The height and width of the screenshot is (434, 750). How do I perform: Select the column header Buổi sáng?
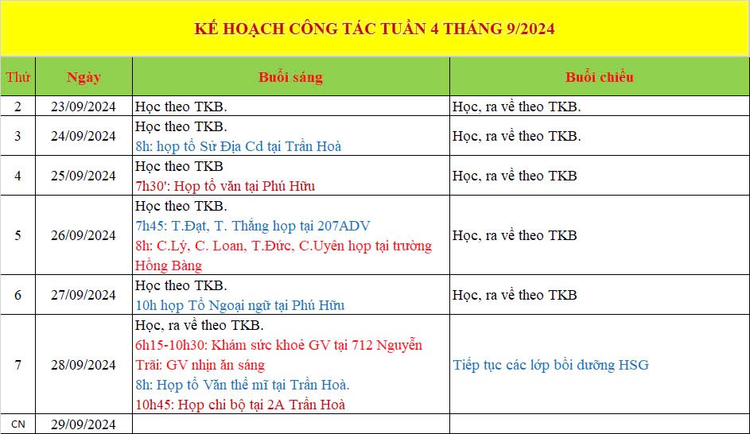pos(290,77)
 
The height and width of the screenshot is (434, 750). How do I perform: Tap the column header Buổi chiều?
pos(599,77)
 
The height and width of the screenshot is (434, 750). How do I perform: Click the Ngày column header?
pos(84,77)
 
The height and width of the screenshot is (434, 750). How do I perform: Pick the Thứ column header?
pos(17,77)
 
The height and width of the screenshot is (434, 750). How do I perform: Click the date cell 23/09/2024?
pos(84,106)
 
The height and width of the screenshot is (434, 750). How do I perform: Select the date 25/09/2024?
pos(84,176)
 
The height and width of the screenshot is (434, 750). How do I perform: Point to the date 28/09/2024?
pos(84,365)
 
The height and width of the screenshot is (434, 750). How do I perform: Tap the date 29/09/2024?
pos(84,424)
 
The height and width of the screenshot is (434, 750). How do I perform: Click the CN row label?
pos(17,424)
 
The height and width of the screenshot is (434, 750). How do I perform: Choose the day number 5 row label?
pos(17,235)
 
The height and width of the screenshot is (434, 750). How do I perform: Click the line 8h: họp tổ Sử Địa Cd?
pos(238,146)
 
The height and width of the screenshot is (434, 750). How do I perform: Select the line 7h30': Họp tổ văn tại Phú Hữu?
pos(225,186)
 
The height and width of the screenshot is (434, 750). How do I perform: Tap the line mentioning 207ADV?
pos(252,226)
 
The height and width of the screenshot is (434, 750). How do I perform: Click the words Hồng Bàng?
pos(169,265)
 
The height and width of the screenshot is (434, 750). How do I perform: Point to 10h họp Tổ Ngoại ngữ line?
pos(239,305)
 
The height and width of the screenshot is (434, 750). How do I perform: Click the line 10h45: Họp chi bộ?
pos(240,405)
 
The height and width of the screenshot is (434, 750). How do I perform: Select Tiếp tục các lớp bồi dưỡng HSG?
pos(550,365)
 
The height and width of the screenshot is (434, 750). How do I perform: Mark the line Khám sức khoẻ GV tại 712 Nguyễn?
pos(278,345)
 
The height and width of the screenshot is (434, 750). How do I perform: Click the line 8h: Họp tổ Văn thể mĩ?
pos(242,385)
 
